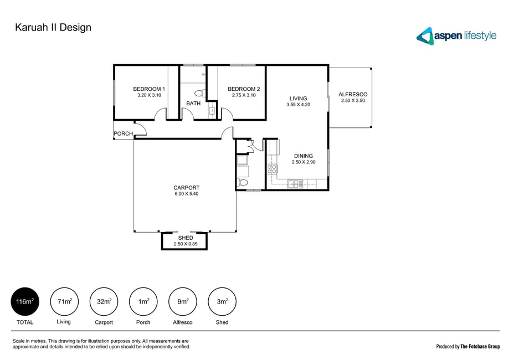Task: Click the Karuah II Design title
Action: point(53,28)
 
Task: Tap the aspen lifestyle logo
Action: point(456,35)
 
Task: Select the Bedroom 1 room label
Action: point(149,89)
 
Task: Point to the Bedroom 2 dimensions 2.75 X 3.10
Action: point(244,95)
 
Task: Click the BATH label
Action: point(193,104)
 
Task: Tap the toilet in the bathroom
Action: point(199,94)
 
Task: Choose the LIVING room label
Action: point(299,99)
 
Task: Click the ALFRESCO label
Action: point(353,95)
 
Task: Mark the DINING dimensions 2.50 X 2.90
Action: point(304,162)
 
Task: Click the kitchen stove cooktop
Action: point(272,169)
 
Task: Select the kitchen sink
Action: point(295,184)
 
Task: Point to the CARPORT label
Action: point(186,188)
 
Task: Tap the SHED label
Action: point(186,238)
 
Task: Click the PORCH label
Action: point(124,133)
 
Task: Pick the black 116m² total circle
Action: point(25,301)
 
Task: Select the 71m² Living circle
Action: point(65,301)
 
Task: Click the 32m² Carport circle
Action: point(104,301)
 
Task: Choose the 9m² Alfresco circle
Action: point(183,301)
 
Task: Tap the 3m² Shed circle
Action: point(222,301)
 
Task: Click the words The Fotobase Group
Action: point(480,347)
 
